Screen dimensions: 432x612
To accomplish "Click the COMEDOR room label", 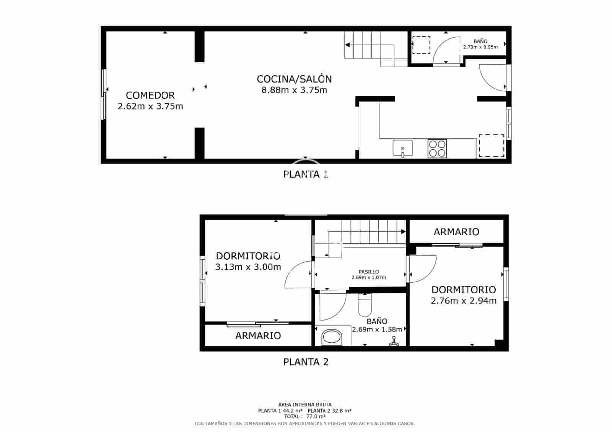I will [150, 95].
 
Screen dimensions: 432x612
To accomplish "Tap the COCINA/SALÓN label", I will [294, 79].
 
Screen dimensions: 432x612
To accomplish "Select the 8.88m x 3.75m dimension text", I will [294, 90].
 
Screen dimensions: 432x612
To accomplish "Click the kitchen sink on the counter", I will [402, 148].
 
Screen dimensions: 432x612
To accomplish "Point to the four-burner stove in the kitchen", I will [437, 148].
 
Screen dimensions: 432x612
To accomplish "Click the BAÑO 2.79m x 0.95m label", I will [480, 44].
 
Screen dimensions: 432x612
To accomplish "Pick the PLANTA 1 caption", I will [306, 175].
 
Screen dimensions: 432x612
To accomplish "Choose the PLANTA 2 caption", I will [306, 362].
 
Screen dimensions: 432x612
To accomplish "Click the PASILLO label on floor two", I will [369, 272].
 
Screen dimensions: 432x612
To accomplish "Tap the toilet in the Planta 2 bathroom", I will [365, 305].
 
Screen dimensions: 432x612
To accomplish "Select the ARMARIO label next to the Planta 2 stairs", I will [456, 232].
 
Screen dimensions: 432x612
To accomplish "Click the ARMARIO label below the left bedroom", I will [258, 336].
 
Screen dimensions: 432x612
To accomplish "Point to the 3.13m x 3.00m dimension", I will [248, 267].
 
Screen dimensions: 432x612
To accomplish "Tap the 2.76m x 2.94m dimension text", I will [464, 301].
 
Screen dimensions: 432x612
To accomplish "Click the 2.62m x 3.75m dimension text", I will [150, 106].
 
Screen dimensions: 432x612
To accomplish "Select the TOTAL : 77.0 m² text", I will [304, 417].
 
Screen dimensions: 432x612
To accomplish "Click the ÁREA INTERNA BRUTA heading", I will [305, 404].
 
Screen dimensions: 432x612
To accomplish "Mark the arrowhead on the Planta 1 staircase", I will [347, 45].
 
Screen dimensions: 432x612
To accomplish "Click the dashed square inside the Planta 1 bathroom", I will [421, 45].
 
